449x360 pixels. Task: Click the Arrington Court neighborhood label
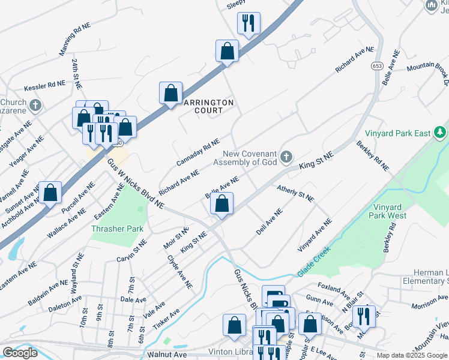tap(208, 106)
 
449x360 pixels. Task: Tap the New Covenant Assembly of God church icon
tap(286, 158)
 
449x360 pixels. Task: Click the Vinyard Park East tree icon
tap(440, 132)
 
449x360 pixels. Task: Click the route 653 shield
tap(377, 65)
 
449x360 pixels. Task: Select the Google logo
tap(20, 353)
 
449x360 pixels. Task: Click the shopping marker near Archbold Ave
tap(50, 193)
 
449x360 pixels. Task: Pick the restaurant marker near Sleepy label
tap(249, 23)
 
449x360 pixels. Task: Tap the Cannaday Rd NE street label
tap(199, 153)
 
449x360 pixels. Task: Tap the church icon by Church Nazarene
tap(35, 106)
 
